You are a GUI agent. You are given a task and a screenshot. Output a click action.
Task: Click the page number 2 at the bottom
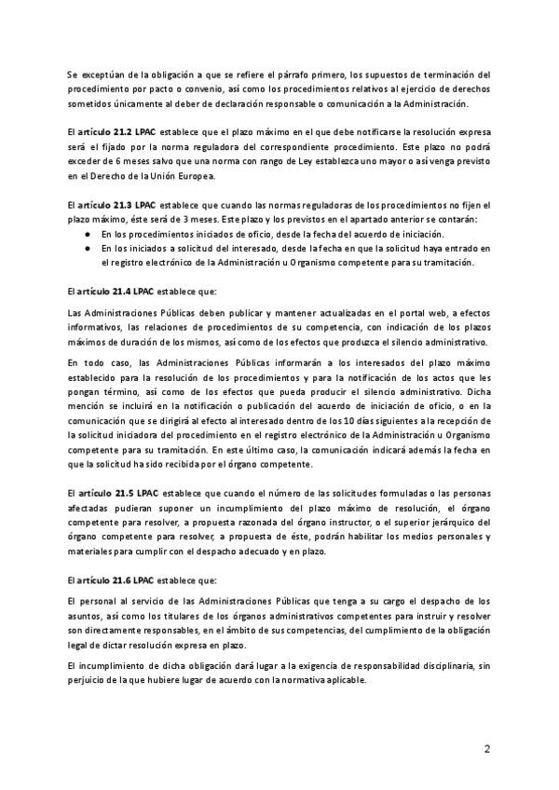(486, 749)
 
